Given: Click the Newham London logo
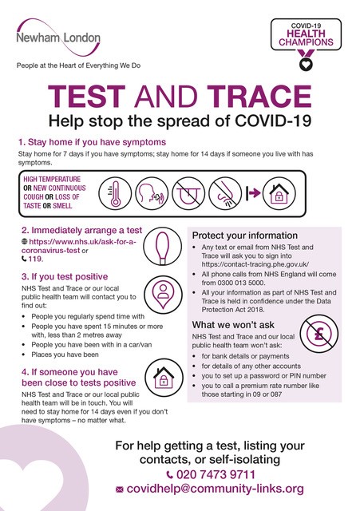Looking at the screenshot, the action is pyautogui.click(x=58, y=38).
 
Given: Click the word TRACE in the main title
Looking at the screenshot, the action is pyautogui.click(x=259, y=96).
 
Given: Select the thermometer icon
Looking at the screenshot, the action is pyautogui.click(x=115, y=193).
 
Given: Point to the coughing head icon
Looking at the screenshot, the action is pyautogui.click(x=152, y=193).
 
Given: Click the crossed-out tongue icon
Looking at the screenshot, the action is pyautogui.click(x=188, y=193).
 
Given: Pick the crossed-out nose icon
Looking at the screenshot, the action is pyautogui.click(x=225, y=193).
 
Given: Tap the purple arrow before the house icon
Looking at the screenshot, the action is pyautogui.click(x=253, y=193).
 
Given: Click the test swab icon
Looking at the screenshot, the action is pyautogui.click(x=162, y=246).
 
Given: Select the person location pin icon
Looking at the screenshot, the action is pyautogui.click(x=163, y=295).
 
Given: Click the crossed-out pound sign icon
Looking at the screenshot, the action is pyautogui.click(x=319, y=334).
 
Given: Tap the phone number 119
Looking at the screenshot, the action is pyautogui.click(x=35, y=259).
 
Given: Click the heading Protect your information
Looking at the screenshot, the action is pyautogui.click(x=245, y=236).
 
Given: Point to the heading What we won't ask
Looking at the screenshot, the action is pyautogui.click(x=233, y=325).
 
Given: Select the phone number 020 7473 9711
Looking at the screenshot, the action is pyautogui.click(x=216, y=474).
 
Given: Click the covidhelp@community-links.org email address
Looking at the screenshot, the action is pyautogui.click(x=215, y=489).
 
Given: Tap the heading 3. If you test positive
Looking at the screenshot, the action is pyautogui.click(x=65, y=277).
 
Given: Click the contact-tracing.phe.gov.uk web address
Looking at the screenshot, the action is pyautogui.click(x=255, y=264).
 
